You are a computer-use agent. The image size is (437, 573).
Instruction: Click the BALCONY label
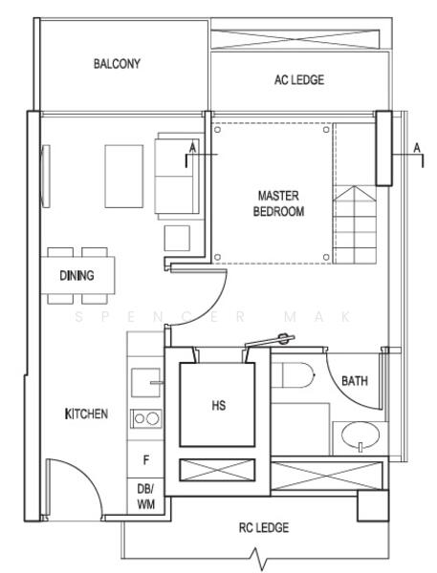pos(117,64)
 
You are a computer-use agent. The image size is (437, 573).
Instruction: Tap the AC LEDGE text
pos(298,80)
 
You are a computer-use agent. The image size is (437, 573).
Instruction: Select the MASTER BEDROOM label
pos(278,203)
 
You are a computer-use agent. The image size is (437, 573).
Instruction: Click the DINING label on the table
pos(76,276)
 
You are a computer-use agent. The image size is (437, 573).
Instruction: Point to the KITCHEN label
pos(86,414)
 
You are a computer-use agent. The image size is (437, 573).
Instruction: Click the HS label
pos(218,405)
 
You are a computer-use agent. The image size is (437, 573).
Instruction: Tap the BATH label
pos(355,381)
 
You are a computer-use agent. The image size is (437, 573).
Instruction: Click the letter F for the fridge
pos(145,460)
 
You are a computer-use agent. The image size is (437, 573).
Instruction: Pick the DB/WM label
pos(145,496)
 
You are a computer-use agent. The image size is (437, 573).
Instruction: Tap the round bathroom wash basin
pos(359,439)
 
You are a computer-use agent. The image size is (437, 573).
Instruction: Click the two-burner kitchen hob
pos(145,418)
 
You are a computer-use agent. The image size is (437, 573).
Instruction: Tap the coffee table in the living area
pos(123,176)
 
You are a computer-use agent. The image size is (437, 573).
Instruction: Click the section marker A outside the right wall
pos(417,148)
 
